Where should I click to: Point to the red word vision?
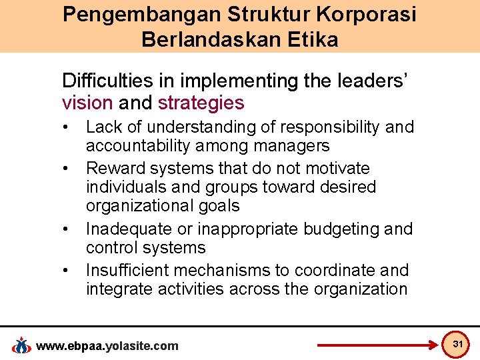coord(87,103)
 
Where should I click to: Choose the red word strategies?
coord(201,103)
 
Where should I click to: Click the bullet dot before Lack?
coord(67,127)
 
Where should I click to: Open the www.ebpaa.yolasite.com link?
coord(107,345)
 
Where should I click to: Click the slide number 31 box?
coord(457,344)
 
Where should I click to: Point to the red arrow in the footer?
coord(377,345)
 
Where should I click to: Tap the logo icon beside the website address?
coord(22,345)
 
